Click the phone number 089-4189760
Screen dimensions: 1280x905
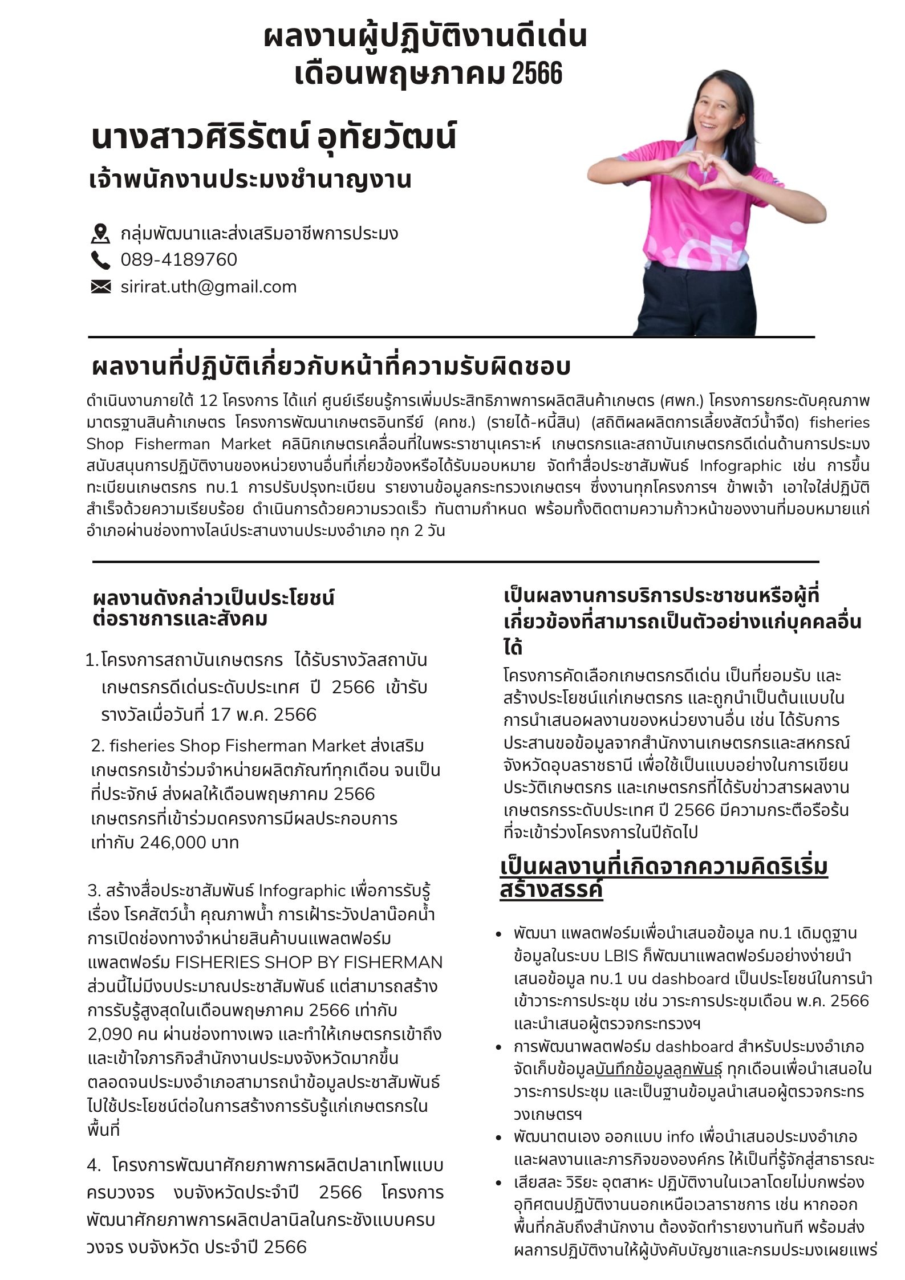pos(178,259)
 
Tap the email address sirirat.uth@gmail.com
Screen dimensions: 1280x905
pos(208,286)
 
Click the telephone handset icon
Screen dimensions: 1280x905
pos(100,260)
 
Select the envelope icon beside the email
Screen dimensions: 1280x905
pos(100,286)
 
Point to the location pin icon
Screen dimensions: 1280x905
pos(100,233)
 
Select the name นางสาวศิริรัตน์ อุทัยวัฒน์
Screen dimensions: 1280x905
pos(274,137)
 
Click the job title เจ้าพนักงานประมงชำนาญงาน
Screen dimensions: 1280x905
pos(250,179)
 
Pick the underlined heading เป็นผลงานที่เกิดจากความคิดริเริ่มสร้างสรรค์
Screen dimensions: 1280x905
pos(663,878)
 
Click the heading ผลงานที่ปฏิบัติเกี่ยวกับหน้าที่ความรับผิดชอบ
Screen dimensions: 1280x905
pos(331,367)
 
